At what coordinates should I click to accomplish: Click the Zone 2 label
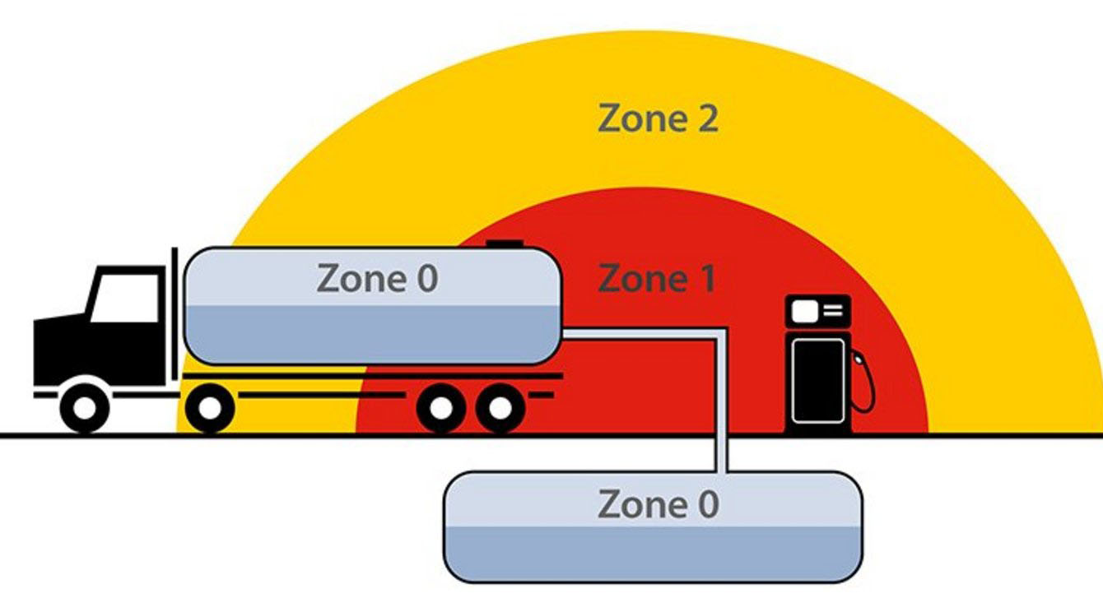[x=658, y=119]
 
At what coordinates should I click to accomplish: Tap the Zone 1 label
[x=656, y=280]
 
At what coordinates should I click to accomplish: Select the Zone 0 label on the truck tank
[x=377, y=280]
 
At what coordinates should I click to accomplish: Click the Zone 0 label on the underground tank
[x=658, y=504]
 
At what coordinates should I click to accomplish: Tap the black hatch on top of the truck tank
[x=504, y=243]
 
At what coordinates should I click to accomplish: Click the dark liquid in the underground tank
[x=653, y=553]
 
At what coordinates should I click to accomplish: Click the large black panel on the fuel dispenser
[x=817, y=381]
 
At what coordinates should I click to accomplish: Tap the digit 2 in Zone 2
[x=705, y=119]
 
